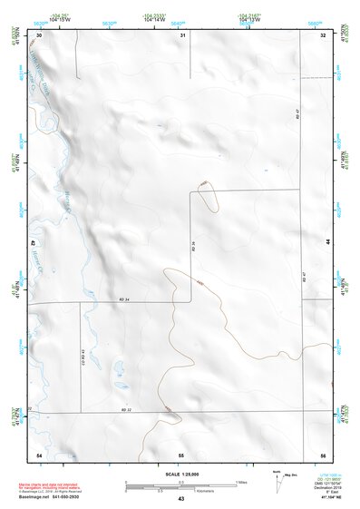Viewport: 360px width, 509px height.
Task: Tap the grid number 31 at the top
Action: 182,34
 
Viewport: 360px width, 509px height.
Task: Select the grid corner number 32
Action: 323,34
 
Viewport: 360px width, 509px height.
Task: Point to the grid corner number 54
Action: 39,453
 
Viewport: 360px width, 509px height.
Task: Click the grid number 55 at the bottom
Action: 181,453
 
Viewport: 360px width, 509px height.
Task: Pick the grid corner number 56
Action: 323,453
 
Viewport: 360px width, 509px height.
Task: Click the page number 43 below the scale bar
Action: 181,499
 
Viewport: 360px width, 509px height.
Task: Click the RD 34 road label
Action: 123,299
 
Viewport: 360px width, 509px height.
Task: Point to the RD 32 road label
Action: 126,410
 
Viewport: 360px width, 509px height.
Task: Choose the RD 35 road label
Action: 193,246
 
